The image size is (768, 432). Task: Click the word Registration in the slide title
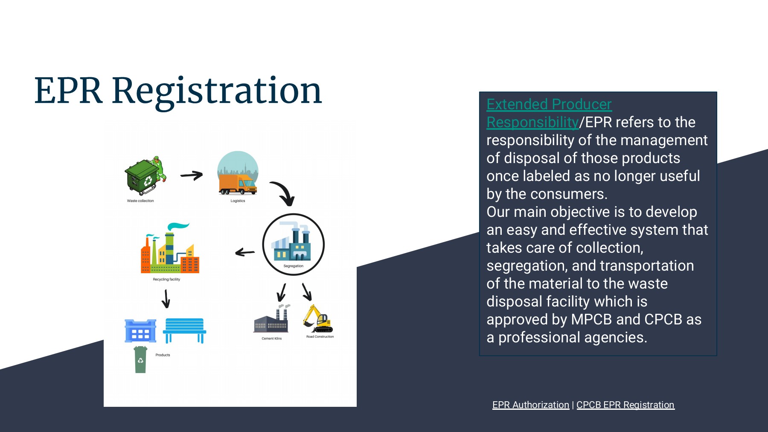pyautogui.click(x=217, y=91)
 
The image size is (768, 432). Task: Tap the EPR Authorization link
pyautogui.click(x=530, y=405)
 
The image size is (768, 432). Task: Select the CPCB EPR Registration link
pyautogui.click(x=625, y=405)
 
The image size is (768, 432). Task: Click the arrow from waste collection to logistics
pyautogui.click(x=192, y=175)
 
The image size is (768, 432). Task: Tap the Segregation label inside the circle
pyautogui.click(x=294, y=266)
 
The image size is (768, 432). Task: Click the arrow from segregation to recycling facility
pyautogui.click(x=245, y=252)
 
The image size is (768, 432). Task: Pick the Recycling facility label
pyautogui.click(x=166, y=279)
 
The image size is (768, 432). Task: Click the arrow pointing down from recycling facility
pyautogui.click(x=166, y=298)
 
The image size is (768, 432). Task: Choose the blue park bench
pyautogui.click(x=185, y=330)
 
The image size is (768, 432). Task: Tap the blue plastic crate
pyautogui.click(x=140, y=331)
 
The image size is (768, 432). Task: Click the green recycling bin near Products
pyautogui.click(x=140, y=360)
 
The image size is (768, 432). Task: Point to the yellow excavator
pyautogui.click(x=317, y=319)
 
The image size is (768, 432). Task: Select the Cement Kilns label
pyautogui.click(x=272, y=339)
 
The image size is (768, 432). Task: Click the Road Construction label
pyautogui.click(x=320, y=337)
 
